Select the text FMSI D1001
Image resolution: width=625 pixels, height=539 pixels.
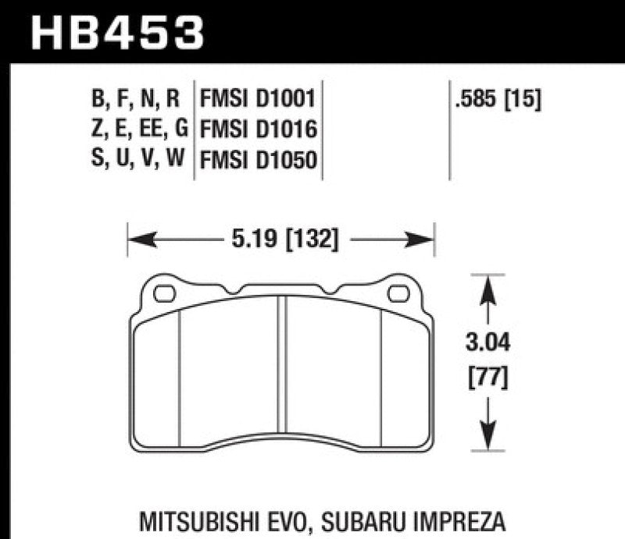pos(258,98)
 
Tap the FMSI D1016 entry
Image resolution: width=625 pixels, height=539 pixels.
pos(258,129)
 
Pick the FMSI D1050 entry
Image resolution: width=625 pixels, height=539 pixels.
pos(258,161)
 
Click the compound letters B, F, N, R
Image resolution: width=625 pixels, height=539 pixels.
pos(135,98)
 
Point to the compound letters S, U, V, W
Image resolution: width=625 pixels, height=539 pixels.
pos(134,161)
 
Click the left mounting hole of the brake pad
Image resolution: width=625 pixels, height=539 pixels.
pos(164,294)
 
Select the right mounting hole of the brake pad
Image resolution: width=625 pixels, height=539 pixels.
pos(398,294)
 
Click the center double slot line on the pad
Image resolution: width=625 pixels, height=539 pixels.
pos(282,374)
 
